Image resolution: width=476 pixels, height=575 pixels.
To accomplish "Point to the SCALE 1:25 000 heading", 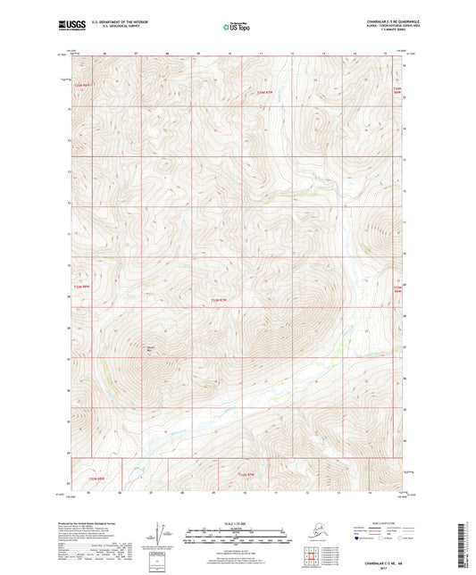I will point(238,523).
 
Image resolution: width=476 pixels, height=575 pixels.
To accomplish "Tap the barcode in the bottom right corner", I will point(468,544).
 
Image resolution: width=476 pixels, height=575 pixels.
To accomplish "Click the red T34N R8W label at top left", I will point(84,85).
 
